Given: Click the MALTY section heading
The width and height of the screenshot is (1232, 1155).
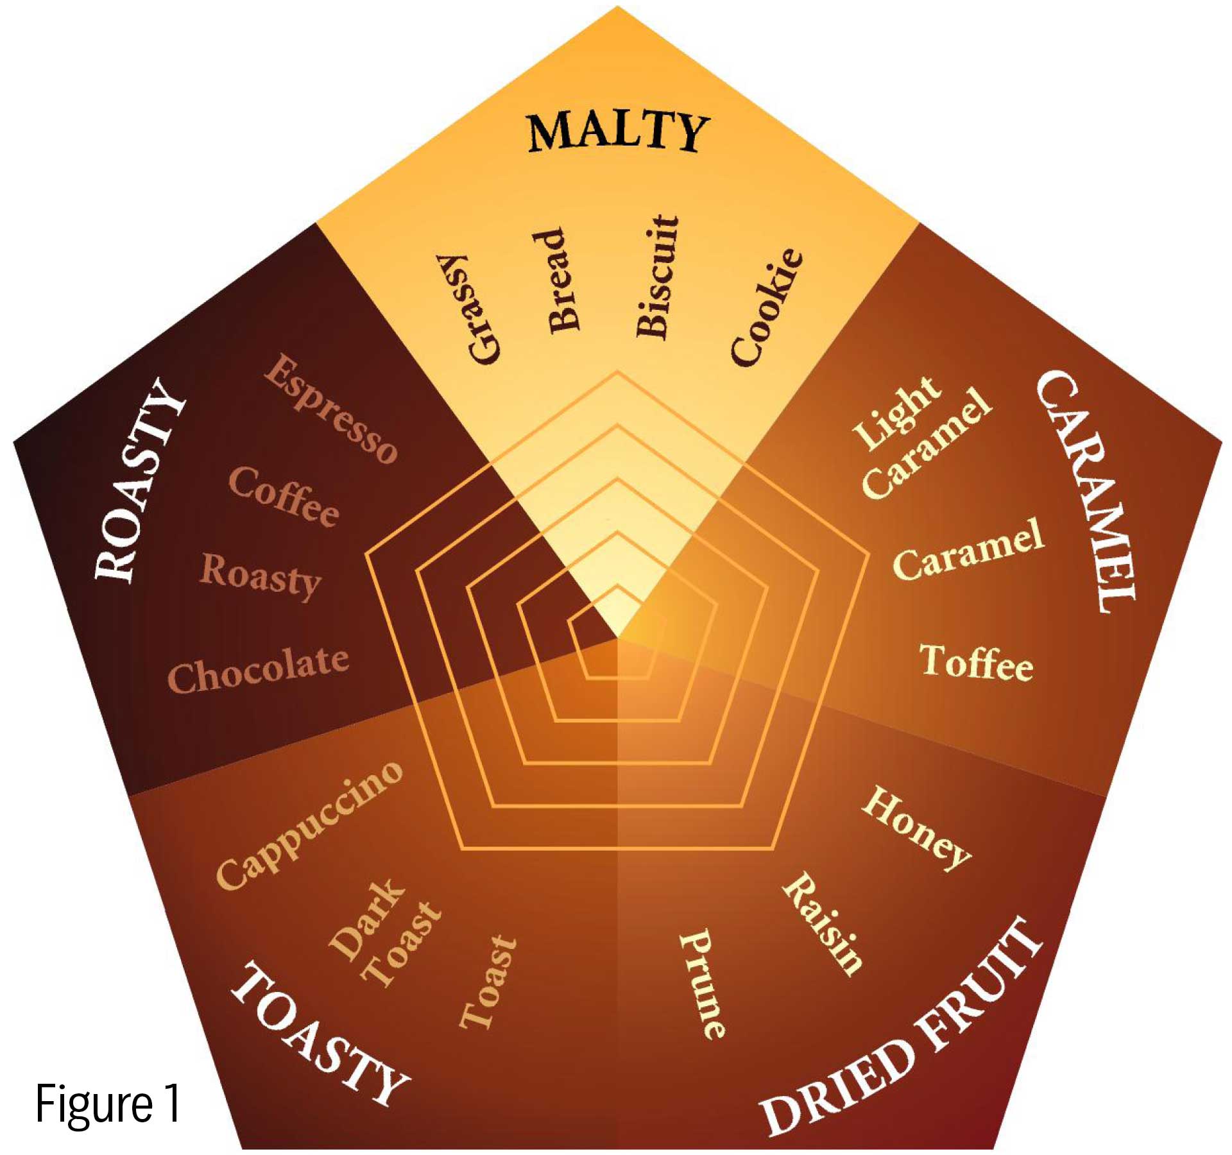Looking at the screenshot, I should point(617,132).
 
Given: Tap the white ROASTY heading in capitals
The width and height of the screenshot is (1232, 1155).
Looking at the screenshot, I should point(140,481).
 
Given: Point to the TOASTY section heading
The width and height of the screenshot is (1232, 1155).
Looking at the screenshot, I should point(319,1034).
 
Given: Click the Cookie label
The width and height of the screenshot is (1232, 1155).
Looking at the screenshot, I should point(767,307).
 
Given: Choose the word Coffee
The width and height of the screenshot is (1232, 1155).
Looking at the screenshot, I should point(284,496).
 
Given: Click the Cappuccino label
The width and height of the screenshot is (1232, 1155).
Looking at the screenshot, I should point(310,826).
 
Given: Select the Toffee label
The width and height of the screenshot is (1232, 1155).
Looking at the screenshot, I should point(976,662).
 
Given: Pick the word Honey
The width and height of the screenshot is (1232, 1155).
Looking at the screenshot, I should point(916,828).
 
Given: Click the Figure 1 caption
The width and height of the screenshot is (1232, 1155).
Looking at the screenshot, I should point(108,1104).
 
